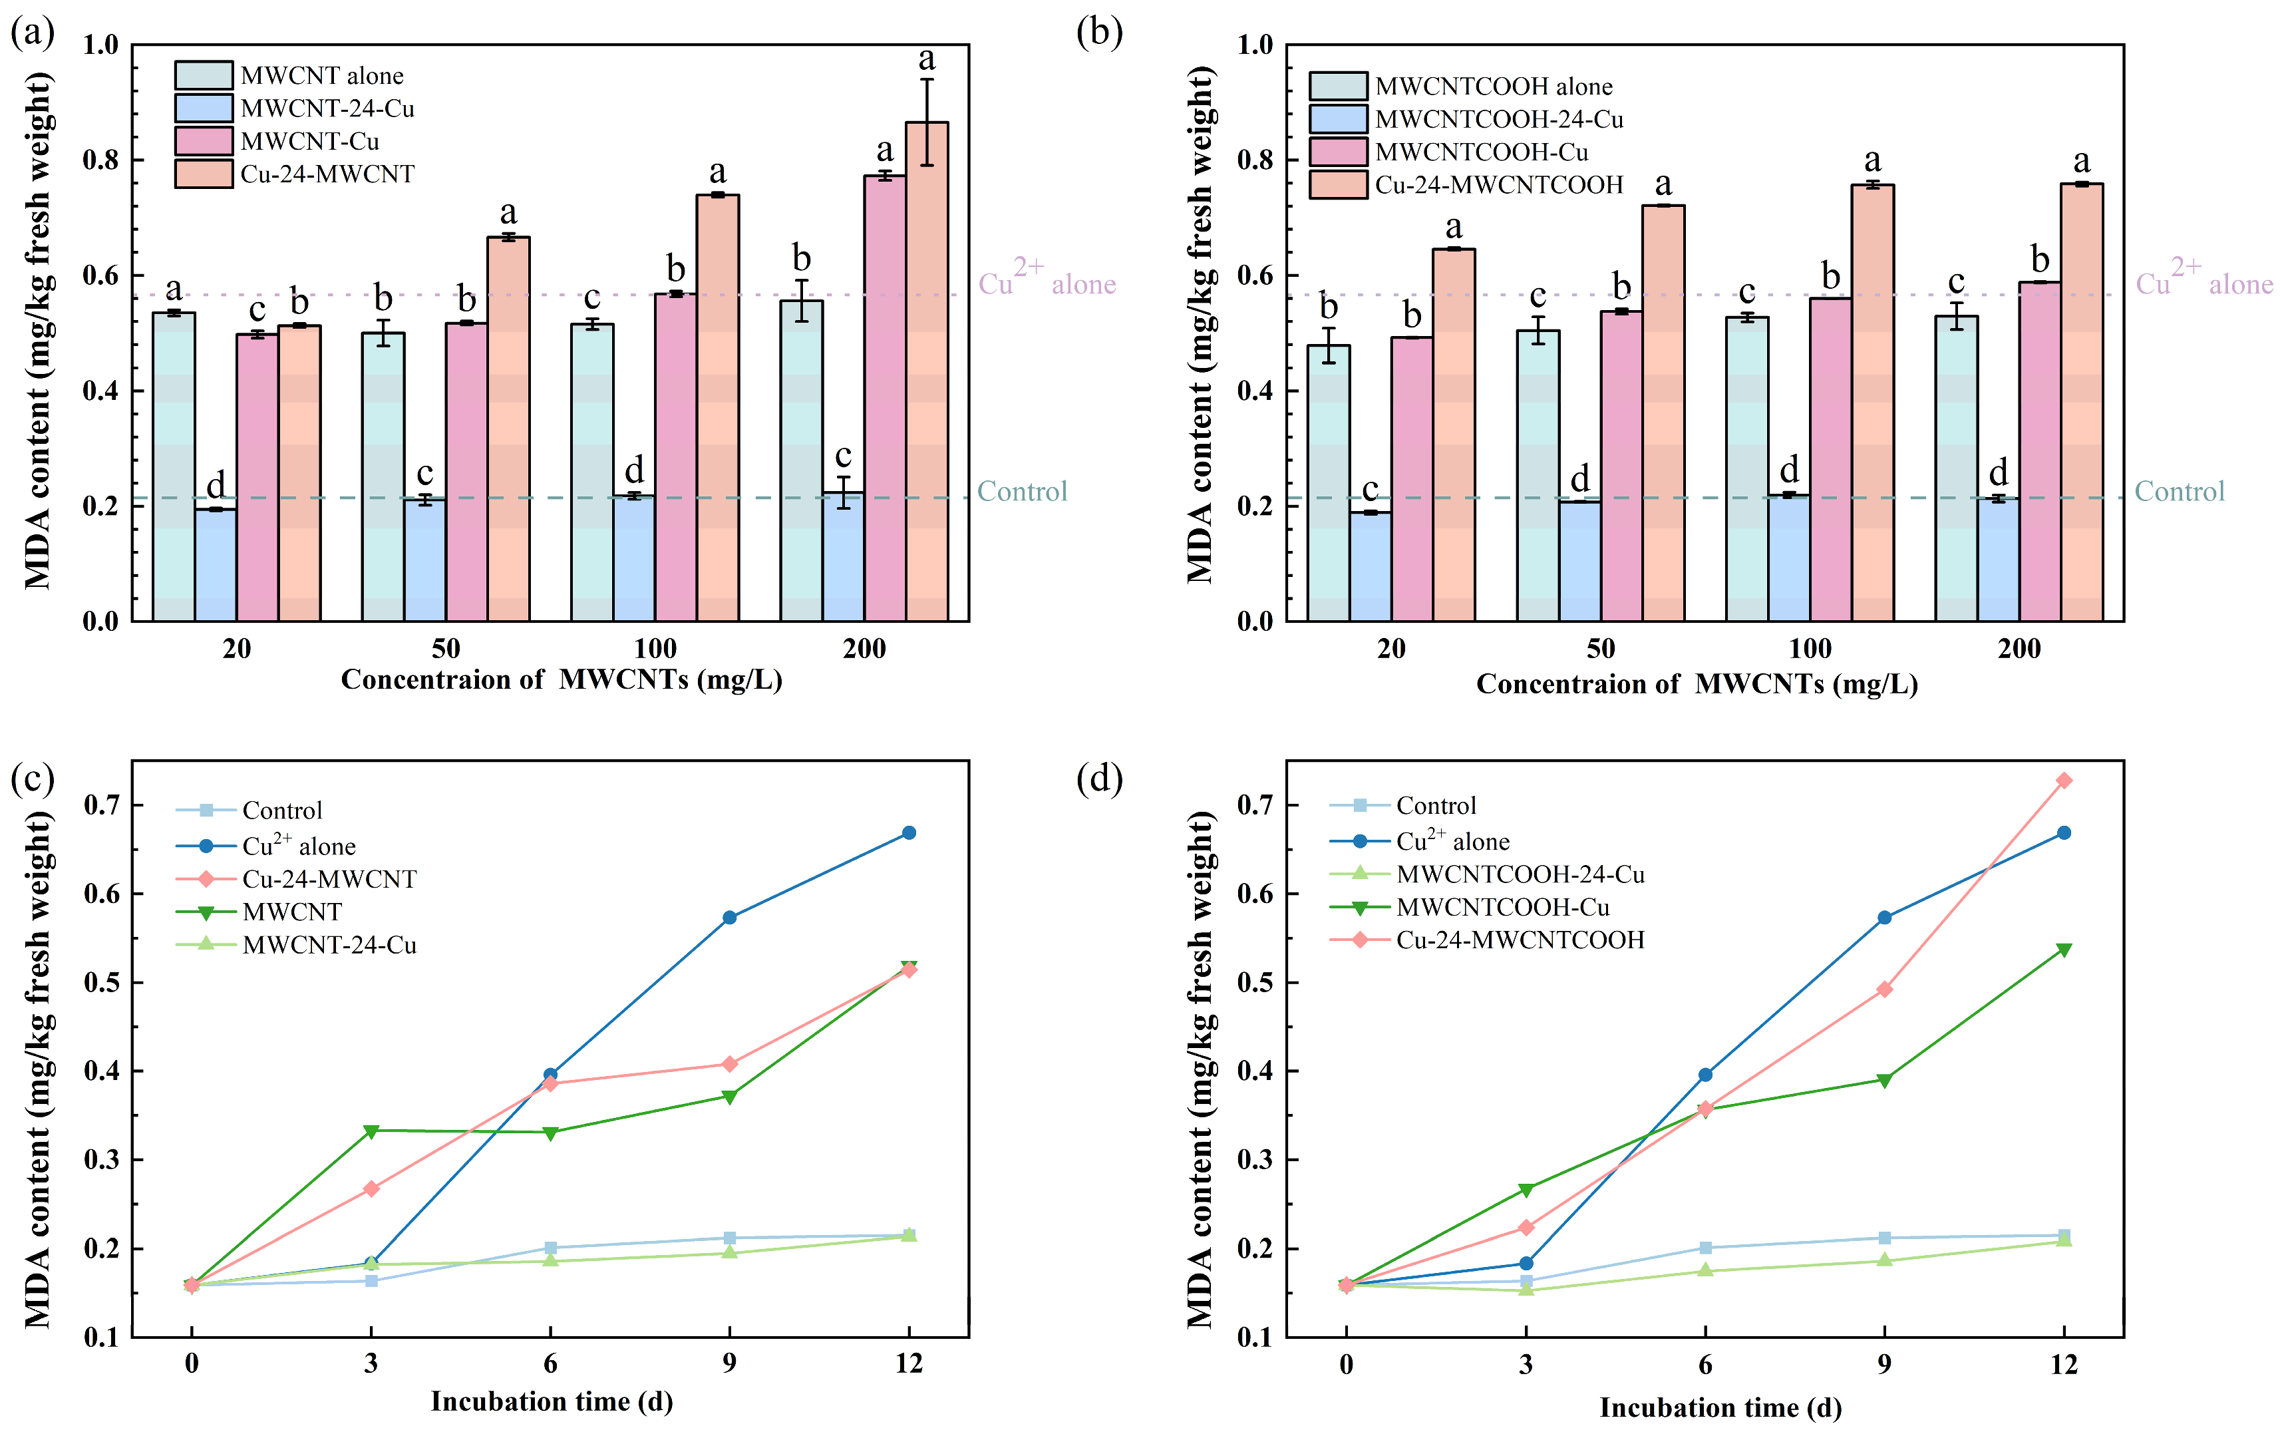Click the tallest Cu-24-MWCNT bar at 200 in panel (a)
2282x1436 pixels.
pos(926,379)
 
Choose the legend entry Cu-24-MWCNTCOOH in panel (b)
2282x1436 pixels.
pos(1498,185)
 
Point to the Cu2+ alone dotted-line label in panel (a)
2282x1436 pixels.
pos(1047,282)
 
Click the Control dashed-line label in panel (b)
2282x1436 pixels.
pos(2179,491)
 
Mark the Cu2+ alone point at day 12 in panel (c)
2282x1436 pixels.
pos(908,832)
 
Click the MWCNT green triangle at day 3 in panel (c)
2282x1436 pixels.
pos(371,1131)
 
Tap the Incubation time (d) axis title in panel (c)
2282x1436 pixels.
pos(552,1401)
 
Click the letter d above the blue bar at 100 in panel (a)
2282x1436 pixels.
pos(633,469)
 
